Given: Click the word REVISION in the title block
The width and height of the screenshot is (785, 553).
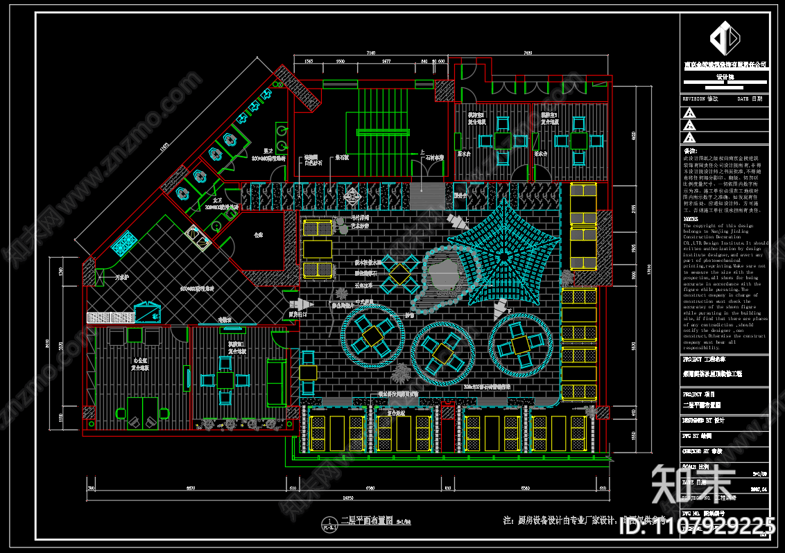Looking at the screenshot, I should point(695,99).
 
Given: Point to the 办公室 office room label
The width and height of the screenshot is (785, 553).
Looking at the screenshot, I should point(141,361).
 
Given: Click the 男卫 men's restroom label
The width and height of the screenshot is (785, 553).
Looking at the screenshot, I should point(267,152).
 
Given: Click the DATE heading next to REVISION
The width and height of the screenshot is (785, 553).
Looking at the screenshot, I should point(743,99).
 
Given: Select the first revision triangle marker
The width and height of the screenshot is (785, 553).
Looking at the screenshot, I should point(689,112).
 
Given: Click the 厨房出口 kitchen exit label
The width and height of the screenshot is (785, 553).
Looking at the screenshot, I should point(299,315).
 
